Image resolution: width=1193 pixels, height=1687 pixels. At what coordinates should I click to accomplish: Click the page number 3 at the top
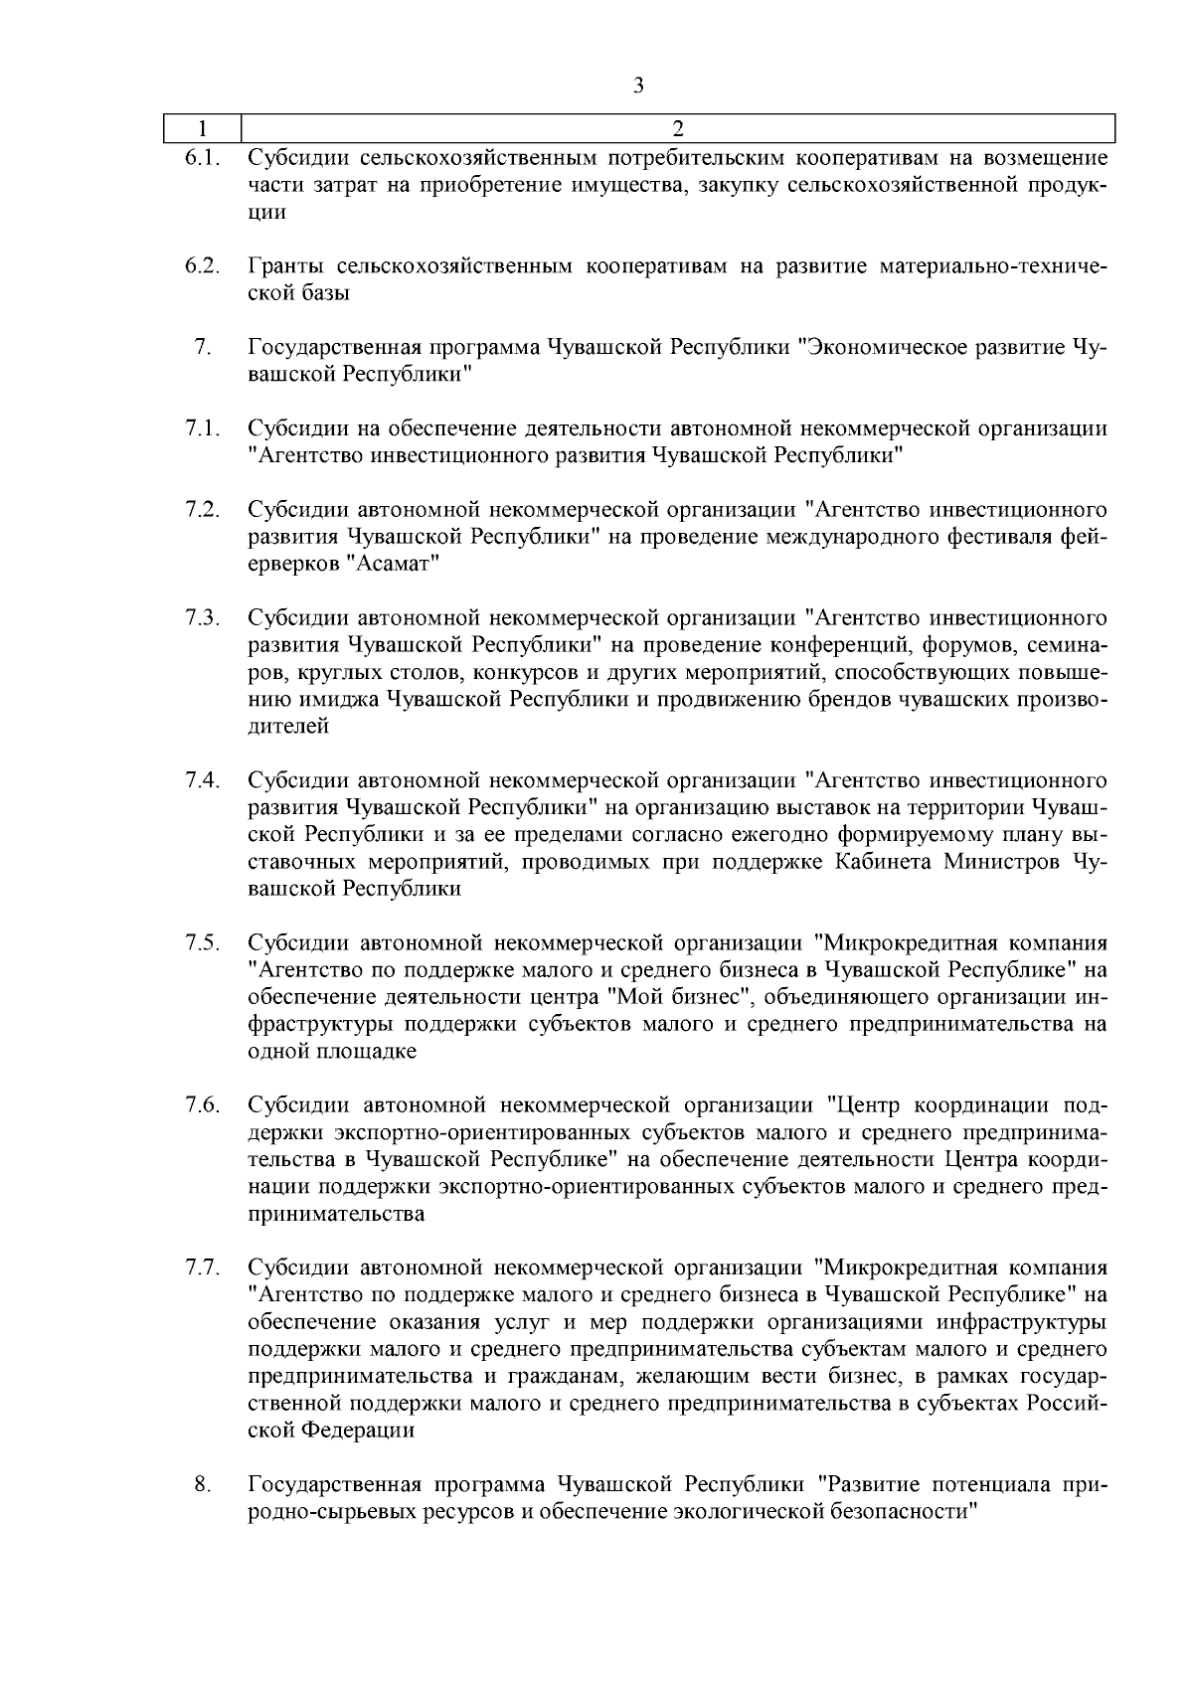point(638,85)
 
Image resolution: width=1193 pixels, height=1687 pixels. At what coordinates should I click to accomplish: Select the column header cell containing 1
point(203,128)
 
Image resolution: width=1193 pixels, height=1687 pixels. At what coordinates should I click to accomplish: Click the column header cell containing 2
point(677,128)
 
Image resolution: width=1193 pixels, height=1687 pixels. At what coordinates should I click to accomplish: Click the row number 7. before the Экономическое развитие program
point(202,347)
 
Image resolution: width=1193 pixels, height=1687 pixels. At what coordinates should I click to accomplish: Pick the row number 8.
point(202,1485)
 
